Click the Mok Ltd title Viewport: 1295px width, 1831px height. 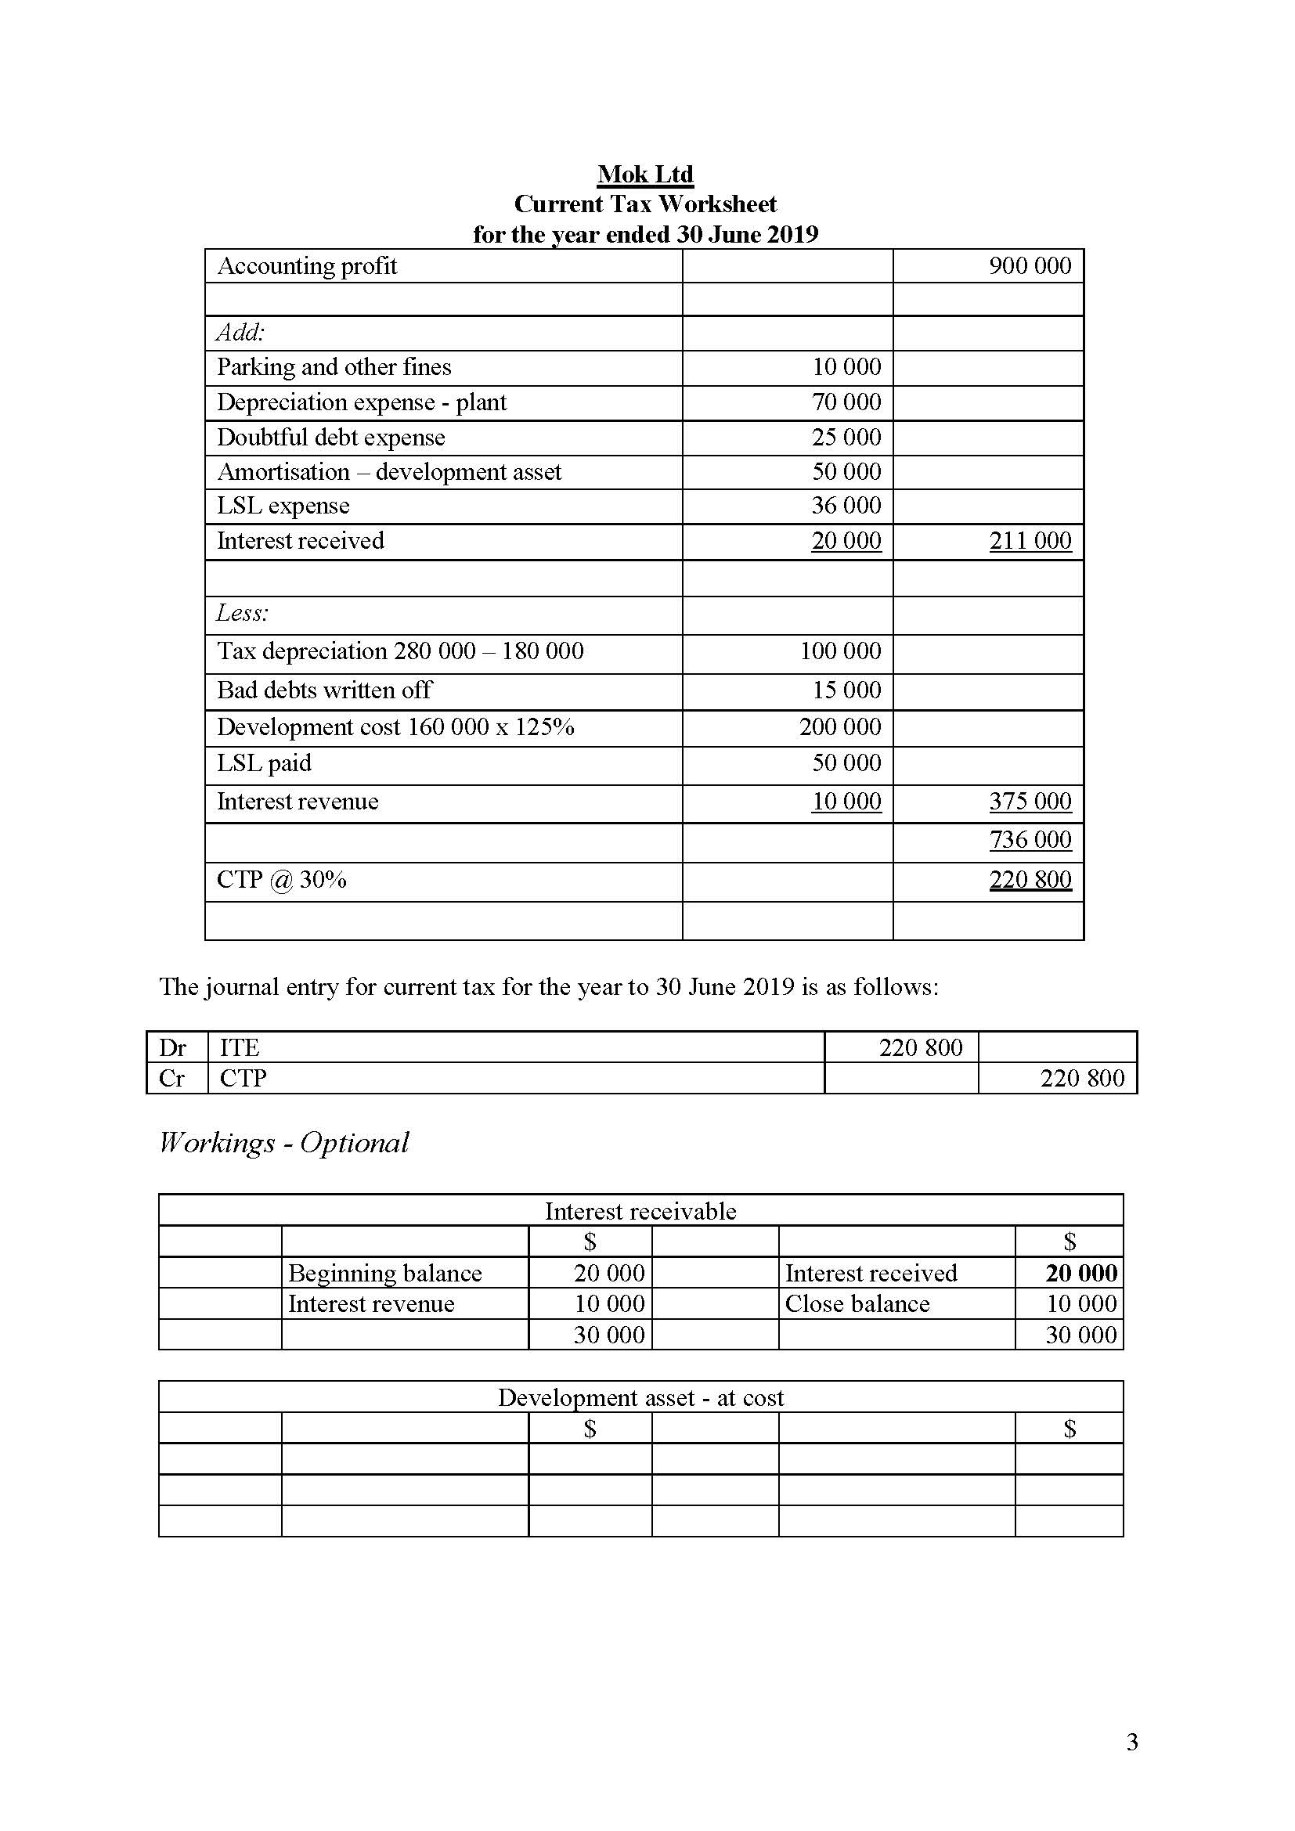(645, 174)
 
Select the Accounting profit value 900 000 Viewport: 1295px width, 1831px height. (1030, 265)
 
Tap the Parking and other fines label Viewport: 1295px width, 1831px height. (334, 367)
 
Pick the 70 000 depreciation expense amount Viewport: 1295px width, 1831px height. (846, 402)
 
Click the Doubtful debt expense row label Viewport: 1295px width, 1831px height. (330, 437)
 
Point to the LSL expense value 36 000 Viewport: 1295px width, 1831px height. (846, 506)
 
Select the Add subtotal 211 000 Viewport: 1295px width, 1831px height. (1030, 541)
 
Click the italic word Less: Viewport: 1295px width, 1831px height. (243, 613)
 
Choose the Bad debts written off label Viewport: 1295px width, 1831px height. (324, 690)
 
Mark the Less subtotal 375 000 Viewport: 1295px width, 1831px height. (1030, 801)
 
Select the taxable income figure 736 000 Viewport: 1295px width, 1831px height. (1030, 839)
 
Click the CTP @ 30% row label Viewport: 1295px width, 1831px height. (282, 880)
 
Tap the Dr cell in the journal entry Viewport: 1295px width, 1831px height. (173, 1047)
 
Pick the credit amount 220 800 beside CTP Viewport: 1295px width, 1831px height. (1081, 1078)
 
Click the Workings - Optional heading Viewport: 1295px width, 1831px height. (284, 1142)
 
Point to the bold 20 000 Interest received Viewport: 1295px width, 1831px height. (1080, 1273)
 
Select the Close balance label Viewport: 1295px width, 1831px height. (857, 1304)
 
